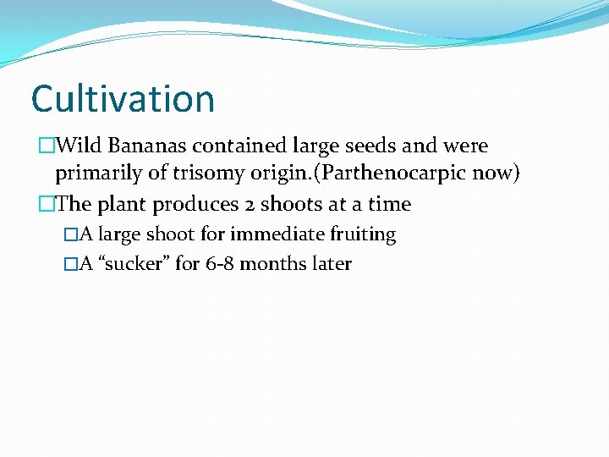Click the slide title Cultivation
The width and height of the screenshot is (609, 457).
pyautogui.click(x=123, y=99)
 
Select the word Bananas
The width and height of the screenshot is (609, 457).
pyautogui.click(x=142, y=146)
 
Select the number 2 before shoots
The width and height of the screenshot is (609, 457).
pyautogui.click(x=248, y=205)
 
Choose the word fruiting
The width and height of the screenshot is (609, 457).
pyautogui.click(x=365, y=234)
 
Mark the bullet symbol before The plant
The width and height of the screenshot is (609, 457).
pyautogui.click(x=46, y=205)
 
